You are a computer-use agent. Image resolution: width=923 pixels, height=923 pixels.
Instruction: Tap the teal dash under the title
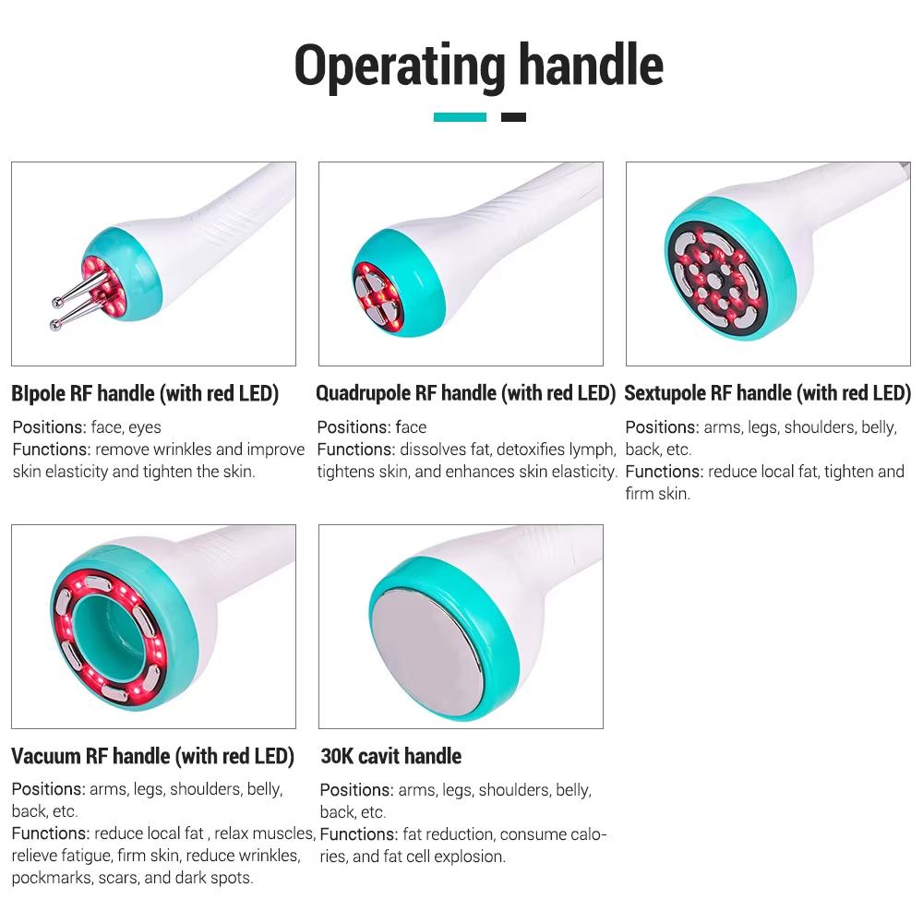click(460, 117)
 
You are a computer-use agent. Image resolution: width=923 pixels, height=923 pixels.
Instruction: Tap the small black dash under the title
click(513, 117)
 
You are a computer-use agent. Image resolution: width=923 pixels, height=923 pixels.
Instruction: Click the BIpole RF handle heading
click(145, 393)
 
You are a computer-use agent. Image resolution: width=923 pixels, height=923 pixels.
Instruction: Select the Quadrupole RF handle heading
click(465, 393)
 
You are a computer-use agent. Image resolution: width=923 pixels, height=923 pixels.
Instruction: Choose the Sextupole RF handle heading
click(767, 393)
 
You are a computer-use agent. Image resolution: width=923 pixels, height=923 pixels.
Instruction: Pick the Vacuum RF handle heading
click(152, 756)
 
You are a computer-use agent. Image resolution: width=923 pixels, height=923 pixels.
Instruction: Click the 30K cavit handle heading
click(390, 756)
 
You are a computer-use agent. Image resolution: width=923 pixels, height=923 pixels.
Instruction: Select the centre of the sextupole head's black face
click(713, 277)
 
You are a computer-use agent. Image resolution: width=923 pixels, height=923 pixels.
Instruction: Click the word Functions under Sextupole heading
click(663, 472)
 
